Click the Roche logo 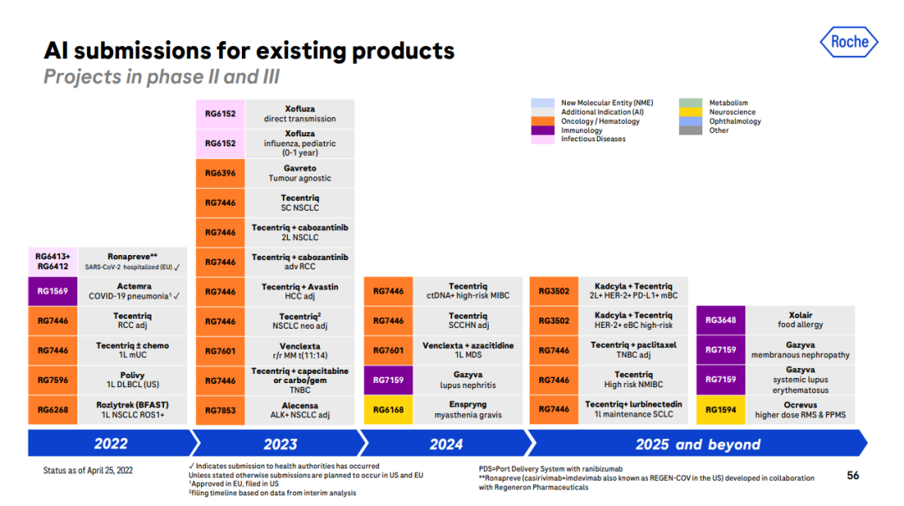click(849, 42)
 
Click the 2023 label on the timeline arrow click(280, 443)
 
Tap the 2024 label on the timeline click(446, 443)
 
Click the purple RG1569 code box click(53, 291)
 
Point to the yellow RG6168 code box click(388, 410)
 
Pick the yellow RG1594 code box click(721, 410)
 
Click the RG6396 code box click(220, 173)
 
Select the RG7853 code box click(220, 410)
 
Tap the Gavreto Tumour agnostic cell click(300, 173)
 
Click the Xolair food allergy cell click(800, 320)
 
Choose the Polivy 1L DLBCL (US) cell click(133, 381)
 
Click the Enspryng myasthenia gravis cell click(467, 410)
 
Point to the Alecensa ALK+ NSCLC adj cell click(300, 410)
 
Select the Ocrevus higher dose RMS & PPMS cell click(800, 410)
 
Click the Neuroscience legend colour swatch click(690, 112)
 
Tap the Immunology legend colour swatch click(542, 130)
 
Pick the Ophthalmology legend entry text click(735, 121)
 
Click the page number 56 click(853, 475)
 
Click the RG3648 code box click(721, 320)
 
